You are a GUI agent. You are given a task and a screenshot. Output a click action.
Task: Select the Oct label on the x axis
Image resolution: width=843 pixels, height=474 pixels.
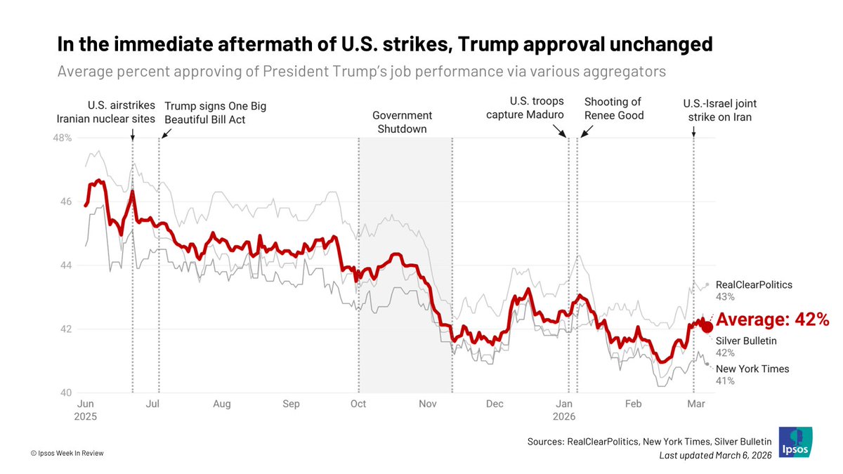[x=358, y=404]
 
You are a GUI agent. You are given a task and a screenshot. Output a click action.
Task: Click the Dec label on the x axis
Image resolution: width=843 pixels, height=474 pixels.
[x=495, y=404]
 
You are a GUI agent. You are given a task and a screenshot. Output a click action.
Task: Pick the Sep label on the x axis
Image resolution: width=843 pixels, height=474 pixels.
[x=290, y=404]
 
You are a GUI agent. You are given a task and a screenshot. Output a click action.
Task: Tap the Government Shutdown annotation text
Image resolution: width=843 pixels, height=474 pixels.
[x=402, y=122]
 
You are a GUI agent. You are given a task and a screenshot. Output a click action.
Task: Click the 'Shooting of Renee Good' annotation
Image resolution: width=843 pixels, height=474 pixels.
[x=614, y=109]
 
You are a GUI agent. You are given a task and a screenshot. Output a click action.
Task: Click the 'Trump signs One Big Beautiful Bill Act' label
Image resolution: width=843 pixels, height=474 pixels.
[x=215, y=112]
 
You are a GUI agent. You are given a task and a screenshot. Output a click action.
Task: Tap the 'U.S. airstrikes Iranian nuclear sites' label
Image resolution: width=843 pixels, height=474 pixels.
[x=105, y=112]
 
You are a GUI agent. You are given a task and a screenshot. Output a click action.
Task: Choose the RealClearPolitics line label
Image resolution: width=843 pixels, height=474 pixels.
[x=754, y=285]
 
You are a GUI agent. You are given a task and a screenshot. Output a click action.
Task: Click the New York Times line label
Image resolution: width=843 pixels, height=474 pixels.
[x=752, y=369]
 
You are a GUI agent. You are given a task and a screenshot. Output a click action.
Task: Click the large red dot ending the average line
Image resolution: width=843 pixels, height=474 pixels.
[x=707, y=327]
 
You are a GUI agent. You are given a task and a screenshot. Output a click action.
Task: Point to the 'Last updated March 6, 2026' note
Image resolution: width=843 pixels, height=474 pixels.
[x=715, y=456]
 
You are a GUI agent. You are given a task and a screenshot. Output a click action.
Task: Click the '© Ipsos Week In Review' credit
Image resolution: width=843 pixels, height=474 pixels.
[x=67, y=453]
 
